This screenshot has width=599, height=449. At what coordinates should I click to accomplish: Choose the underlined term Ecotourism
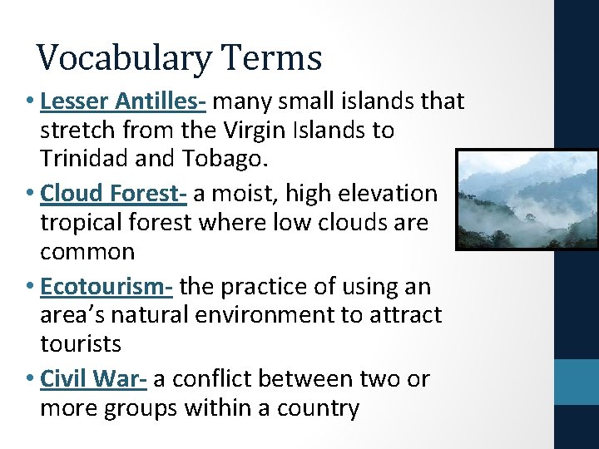[106, 287]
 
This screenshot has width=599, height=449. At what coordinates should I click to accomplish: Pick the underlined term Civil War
[93, 379]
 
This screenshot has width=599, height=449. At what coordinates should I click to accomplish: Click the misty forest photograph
[527, 200]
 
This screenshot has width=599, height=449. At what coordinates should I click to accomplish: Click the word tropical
[81, 223]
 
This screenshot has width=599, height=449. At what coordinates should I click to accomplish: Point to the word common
[87, 251]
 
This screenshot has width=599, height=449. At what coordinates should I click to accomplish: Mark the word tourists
[81, 343]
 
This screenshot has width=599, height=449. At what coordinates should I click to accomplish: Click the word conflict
[212, 379]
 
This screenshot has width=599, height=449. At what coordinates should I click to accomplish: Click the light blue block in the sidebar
[577, 382]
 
